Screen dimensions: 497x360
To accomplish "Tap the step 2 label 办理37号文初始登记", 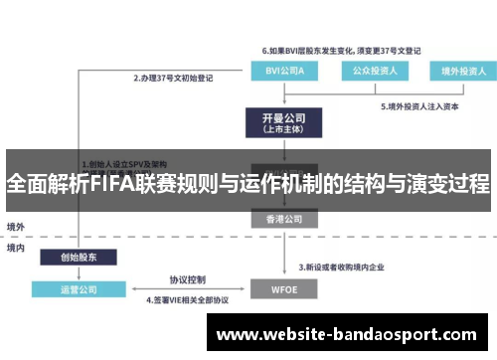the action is tap(177, 78).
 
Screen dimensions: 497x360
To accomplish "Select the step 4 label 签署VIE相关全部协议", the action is tap(187, 298).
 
